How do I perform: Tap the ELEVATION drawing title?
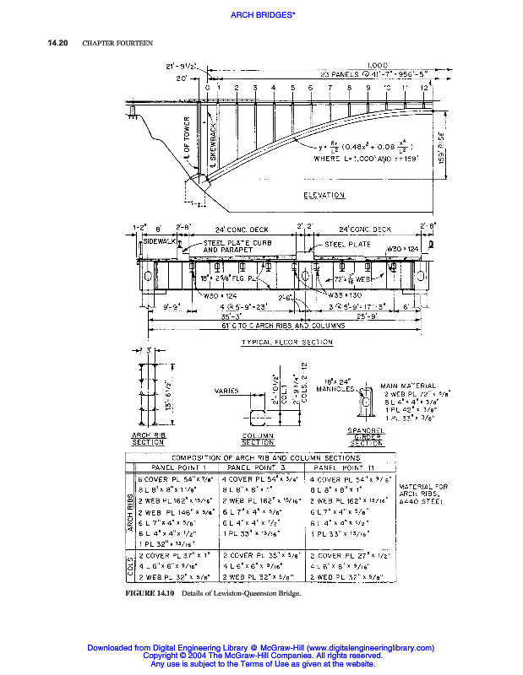(x=324, y=196)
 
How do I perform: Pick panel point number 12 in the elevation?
(x=424, y=88)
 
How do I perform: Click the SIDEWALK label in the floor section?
(x=157, y=240)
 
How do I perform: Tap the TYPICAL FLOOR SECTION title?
(x=287, y=343)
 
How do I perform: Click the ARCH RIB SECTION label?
(x=148, y=438)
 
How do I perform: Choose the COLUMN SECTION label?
(x=258, y=439)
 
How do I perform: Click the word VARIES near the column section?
(x=226, y=391)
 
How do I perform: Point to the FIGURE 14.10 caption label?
(x=149, y=595)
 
